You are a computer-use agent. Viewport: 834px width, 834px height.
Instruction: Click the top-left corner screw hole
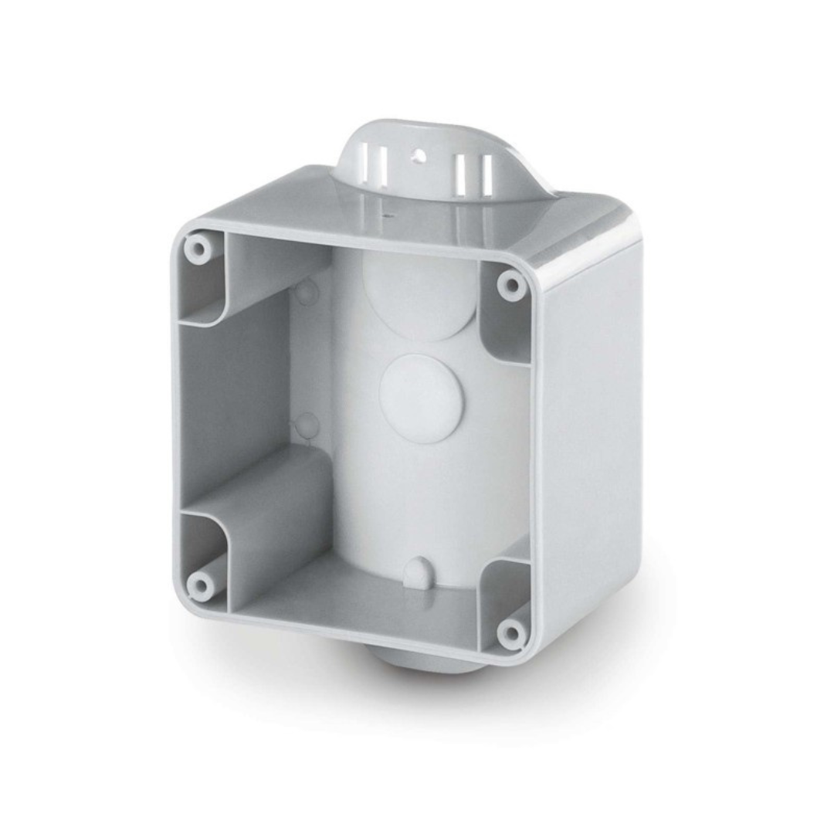(198, 249)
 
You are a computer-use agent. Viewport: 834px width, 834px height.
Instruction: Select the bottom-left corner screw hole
(201, 585)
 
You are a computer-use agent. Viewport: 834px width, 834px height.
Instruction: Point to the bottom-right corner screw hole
(510, 633)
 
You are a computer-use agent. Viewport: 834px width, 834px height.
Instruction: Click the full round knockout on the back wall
(421, 398)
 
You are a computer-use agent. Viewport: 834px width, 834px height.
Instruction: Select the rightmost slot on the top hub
(486, 175)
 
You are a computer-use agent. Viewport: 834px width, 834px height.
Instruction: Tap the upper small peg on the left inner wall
(306, 291)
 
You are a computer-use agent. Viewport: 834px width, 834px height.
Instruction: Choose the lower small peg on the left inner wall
(307, 424)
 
